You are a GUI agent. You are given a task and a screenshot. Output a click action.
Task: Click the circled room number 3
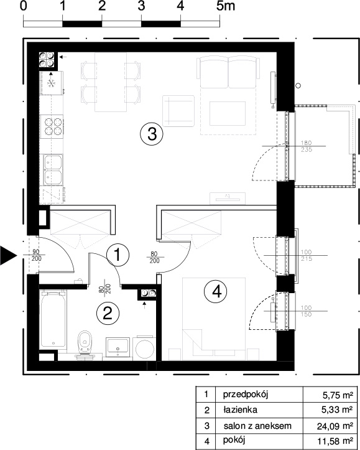pos(152,134)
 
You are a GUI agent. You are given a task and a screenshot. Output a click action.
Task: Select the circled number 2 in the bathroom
pos(108,314)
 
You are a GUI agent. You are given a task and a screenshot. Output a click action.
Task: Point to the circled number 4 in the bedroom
pos(215,292)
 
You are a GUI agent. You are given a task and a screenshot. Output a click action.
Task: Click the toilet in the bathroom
pos(85,344)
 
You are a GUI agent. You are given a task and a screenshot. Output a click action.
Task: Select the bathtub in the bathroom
pos(53,320)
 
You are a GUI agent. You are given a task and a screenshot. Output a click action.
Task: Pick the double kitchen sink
pos(52,170)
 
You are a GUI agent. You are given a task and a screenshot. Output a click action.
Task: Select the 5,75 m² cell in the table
pos(338,395)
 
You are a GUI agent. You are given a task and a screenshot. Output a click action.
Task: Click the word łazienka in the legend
pos(240,410)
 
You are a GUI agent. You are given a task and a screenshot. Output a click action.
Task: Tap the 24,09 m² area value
pos(335,426)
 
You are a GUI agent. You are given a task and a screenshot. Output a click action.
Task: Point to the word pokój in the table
pos(234,440)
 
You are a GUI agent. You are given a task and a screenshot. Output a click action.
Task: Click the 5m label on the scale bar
pos(225,6)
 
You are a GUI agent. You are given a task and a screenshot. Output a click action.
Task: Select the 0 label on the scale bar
pos(24,6)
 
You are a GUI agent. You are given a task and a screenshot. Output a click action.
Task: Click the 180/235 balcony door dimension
pos(307,146)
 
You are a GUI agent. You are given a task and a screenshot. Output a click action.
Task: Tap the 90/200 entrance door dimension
pos(37,255)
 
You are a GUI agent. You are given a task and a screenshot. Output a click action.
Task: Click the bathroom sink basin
pos(118,345)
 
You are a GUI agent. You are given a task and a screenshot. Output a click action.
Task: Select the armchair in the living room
pos(178,111)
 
